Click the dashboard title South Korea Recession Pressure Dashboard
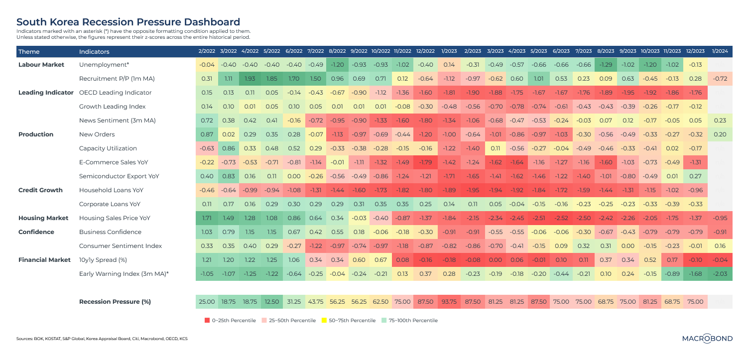tap(128, 22)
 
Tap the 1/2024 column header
tap(721, 52)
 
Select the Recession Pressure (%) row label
tap(116, 301)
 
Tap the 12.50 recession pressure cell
tap(272, 301)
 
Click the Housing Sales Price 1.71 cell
tap(206, 218)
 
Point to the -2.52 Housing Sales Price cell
tap(561, 218)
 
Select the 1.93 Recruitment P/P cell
tap(250, 79)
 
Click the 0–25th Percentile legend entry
tap(230, 320)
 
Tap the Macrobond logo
tap(707, 339)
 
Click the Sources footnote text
tap(102, 339)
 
